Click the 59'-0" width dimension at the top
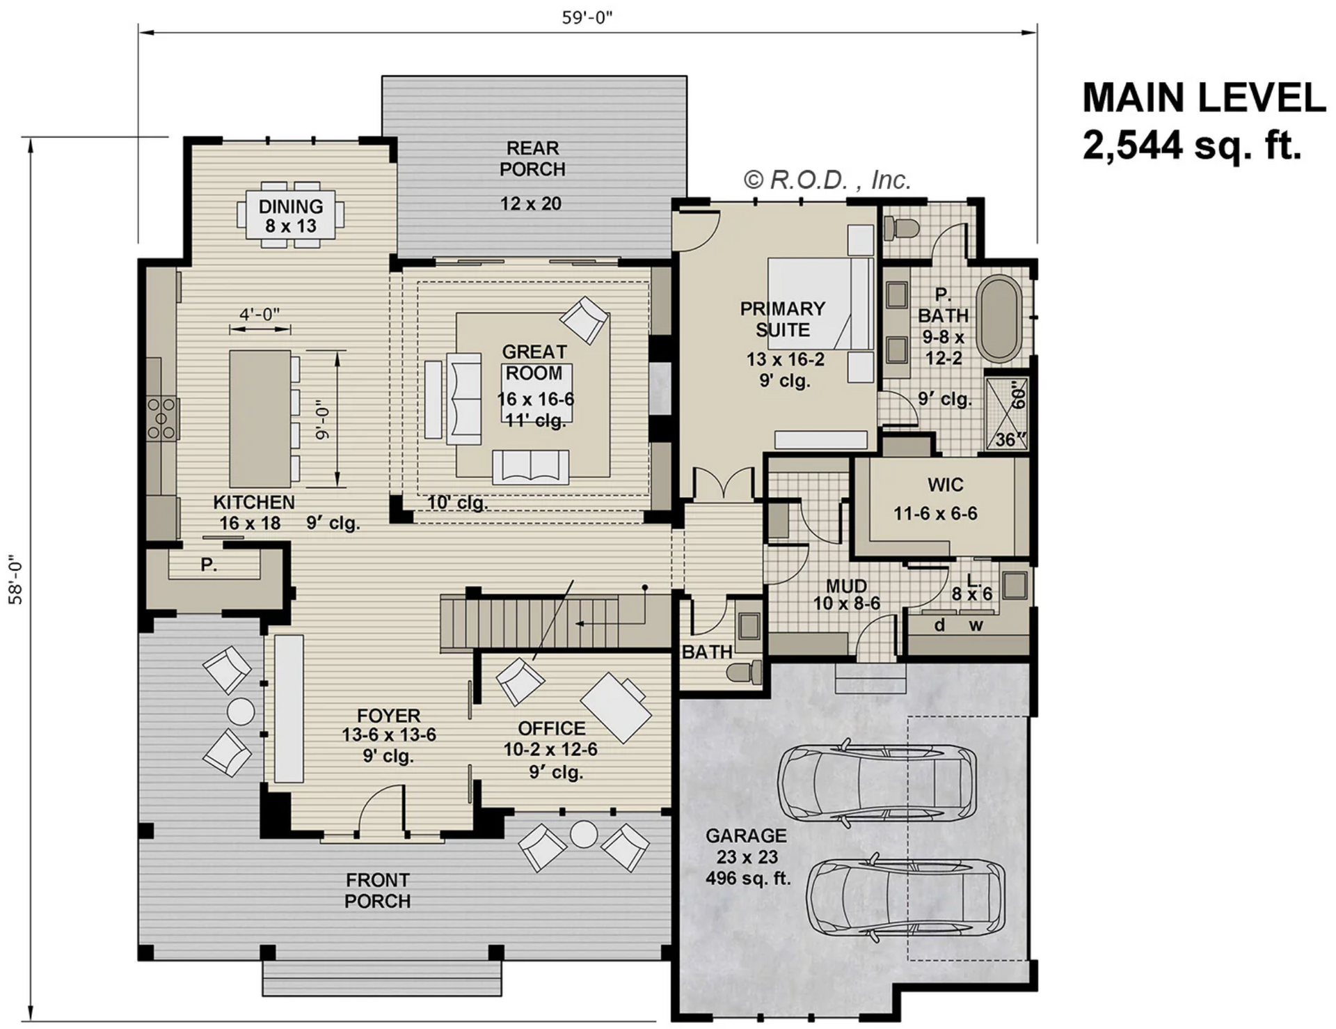[587, 17]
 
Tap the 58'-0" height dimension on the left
[15, 579]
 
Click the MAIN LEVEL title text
[1203, 97]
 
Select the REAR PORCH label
[532, 159]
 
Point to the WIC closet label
[945, 485]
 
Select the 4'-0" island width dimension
[260, 314]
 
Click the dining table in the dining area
[290, 216]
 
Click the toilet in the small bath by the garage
[743, 673]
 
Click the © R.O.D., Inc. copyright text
[827, 180]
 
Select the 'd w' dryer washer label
[958, 625]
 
